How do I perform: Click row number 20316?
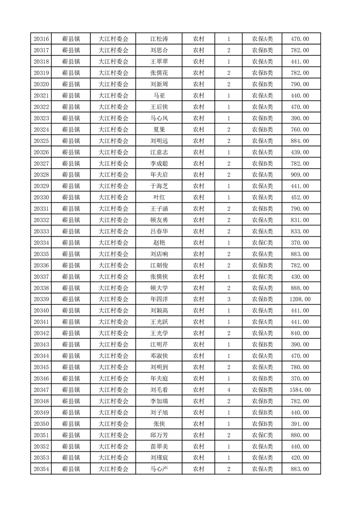point(41,39)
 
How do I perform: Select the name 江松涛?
point(159,39)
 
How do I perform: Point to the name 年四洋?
point(159,299)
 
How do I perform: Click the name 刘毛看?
point(159,390)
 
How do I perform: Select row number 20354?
point(41,469)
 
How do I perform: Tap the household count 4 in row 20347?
point(229,390)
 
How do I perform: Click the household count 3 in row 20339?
point(229,299)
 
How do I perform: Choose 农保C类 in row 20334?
point(262,243)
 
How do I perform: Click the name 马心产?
point(159,469)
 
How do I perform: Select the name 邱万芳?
point(159,435)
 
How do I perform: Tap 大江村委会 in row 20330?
point(113,197)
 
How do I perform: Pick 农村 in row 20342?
point(198,333)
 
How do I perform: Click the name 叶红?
point(159,197)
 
